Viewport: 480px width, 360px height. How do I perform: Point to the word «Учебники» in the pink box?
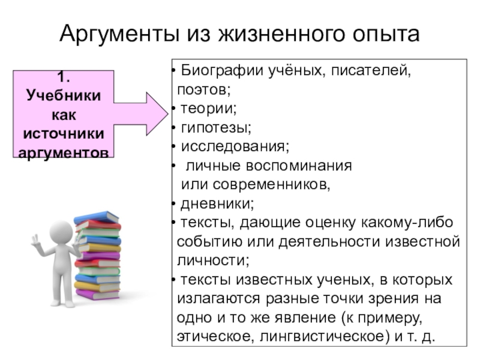click(64, 95)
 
